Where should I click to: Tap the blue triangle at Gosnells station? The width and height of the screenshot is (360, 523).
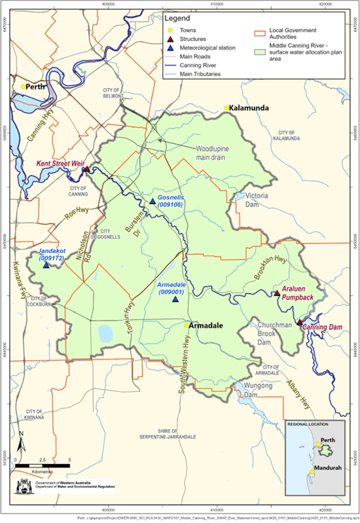click(152, 201)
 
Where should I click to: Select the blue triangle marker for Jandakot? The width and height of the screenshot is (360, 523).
click(46, 265)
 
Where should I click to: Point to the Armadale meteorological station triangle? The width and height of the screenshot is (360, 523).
click(175, 299)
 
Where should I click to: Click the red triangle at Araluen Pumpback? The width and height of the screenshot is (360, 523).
click(276, 294)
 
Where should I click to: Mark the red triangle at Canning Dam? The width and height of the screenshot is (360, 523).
click(300, 322)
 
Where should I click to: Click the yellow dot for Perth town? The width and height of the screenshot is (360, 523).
click(23, 86)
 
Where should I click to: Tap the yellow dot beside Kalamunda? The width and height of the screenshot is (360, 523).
click(226, 108)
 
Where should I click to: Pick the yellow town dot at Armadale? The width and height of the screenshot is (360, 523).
click(186, 326)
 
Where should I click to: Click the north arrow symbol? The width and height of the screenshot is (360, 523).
click(21, 443)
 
